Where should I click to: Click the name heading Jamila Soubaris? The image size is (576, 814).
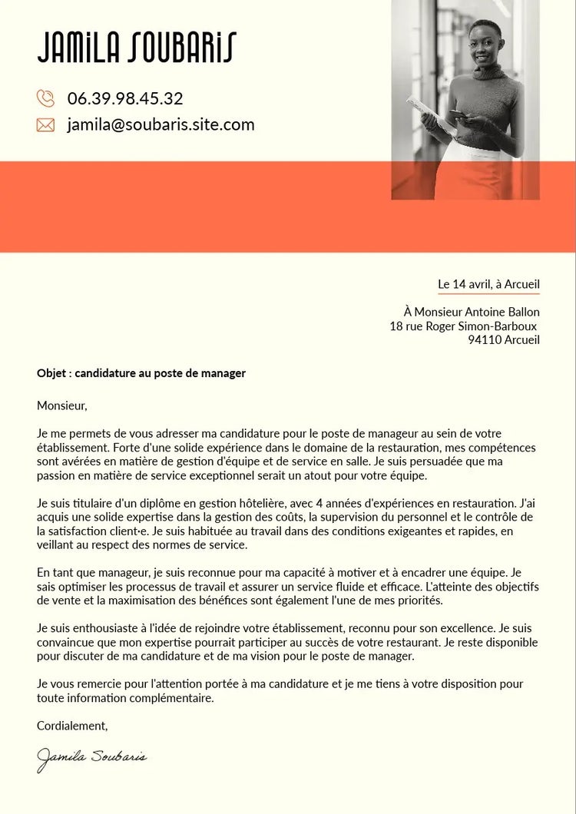tap(137, 48)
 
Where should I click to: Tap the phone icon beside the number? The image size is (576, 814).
tap(45, 98)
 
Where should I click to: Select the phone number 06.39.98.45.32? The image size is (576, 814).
tap(125, 98)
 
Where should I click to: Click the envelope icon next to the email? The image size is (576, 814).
tap(45, 124)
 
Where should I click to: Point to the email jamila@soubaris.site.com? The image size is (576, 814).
tap(161, 124)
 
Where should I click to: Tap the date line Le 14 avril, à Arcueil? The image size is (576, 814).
tap(488, 284)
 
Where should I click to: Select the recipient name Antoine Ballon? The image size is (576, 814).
tap(503, 312)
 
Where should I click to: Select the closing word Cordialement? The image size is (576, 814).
tap(72, 725)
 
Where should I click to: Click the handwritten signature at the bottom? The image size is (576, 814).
tap(91, 757)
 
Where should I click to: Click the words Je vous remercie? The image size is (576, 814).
tap(80, 683)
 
